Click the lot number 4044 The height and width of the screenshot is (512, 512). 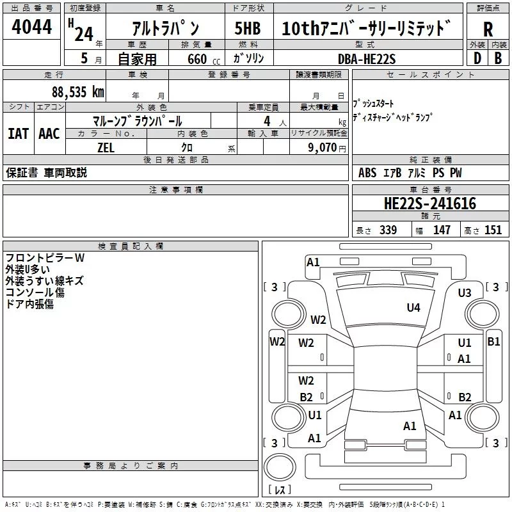31,27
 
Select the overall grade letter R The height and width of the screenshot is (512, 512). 488,29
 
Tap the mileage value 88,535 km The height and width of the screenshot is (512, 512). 78,92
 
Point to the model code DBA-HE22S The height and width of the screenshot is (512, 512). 367,59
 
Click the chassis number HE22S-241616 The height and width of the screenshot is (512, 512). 430,204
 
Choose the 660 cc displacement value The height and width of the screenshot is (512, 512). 204,59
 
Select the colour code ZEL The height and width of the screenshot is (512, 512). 106,148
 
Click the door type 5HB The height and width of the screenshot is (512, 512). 248,28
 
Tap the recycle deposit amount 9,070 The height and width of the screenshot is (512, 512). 323,148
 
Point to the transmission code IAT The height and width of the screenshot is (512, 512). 18,134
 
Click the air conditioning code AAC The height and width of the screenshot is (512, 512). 49,134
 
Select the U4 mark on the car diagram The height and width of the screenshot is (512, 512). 413,307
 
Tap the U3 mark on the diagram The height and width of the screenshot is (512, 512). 465,293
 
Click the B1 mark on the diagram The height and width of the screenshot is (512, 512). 493,342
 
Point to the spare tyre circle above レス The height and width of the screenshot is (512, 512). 280,467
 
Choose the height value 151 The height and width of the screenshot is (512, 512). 493,230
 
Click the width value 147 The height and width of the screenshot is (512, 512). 442,230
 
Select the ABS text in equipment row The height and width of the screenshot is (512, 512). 367,173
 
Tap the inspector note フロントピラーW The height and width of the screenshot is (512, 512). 45,258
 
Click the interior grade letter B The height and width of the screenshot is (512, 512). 498,58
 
